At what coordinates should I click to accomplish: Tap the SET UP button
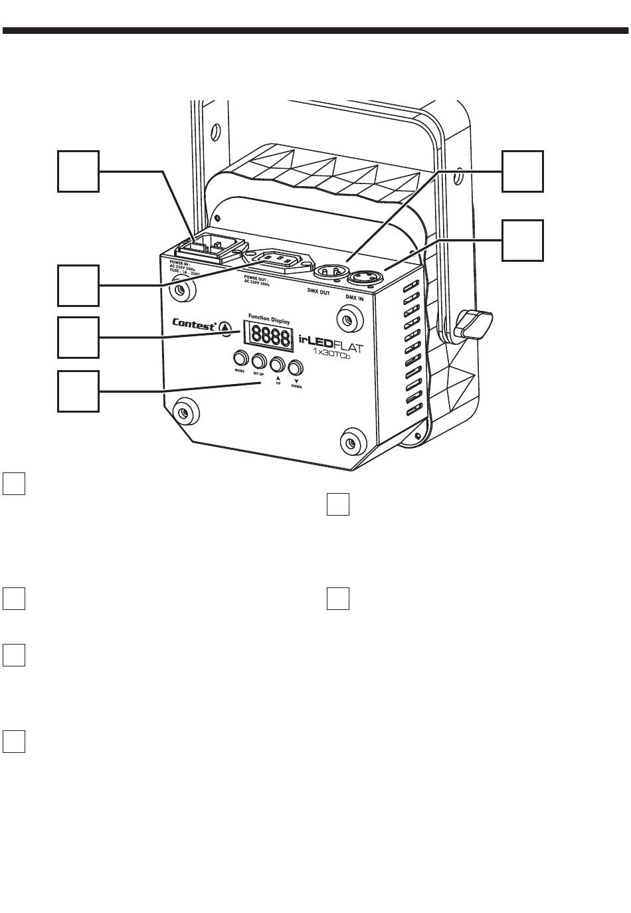tap(258, 361)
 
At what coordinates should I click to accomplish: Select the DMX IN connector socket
tap(369, 276)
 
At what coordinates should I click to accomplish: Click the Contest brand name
tap(194, 324)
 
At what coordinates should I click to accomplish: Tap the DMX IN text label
tap(355, 298)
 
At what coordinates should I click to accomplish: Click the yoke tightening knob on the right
tap(474, 323)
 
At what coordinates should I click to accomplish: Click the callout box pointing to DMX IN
tap(522, 240)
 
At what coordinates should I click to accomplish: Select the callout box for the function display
tap(78, 338)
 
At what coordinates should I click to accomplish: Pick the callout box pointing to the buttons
tap(78, 391)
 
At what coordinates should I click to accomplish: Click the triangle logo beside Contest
tap(225, 326)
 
